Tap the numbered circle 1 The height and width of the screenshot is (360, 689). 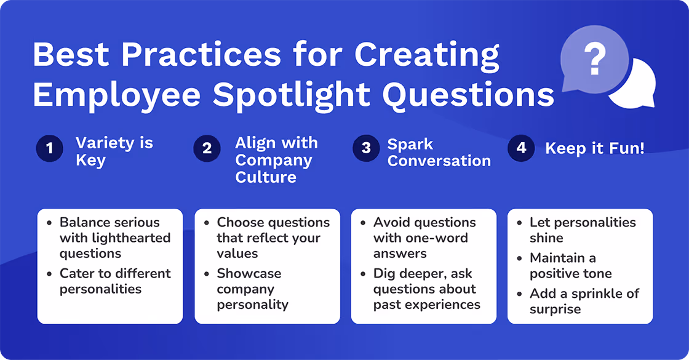50,149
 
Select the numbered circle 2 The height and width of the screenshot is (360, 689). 207,149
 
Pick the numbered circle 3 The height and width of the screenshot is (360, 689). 366,149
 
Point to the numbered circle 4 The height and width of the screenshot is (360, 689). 521,149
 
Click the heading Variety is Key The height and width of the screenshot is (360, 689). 114,152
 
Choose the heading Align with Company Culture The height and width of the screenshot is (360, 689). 276,160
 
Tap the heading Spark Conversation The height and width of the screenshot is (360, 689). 439,152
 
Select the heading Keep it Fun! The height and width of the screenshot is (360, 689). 595,148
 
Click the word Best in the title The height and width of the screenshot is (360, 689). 71,55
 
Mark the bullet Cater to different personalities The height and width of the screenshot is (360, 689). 114,281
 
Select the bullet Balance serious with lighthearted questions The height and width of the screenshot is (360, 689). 114,238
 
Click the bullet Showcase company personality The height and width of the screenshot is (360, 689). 252,289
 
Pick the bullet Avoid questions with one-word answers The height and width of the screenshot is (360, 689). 424,238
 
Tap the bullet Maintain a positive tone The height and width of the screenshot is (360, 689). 570,266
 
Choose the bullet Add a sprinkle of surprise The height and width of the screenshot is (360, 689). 584,301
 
